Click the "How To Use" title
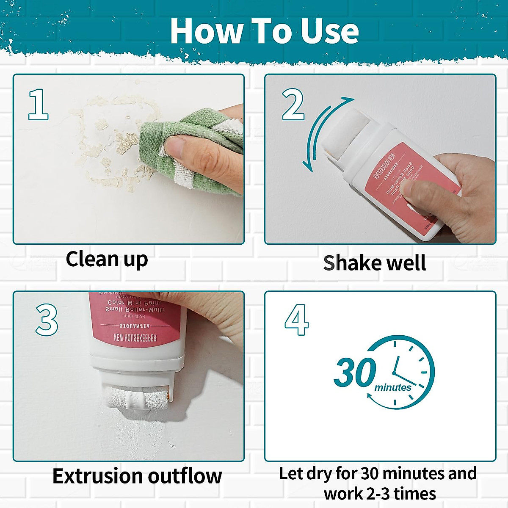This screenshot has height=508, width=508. pyautogui.click(x=264, y=31)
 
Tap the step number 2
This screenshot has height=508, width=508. pyautogui.click(x=293, y=105)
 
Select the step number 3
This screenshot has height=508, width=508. pyautogui.click(x=47, y=320)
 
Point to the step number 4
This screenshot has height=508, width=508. pyautogui.click(x=296, y=320)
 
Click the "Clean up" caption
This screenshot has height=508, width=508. pyautogui.click(x=107, y=259)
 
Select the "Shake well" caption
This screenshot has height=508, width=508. pyautogui.click(x=374, y=263)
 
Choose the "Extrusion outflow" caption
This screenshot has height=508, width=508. pyautogui.click(x=137, y=476)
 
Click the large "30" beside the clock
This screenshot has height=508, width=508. pyautogui.click(x=355, y=373)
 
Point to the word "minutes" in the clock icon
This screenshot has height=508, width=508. pyautogui.click(x=392, y=387)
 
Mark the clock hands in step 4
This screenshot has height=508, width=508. pyautogui.click(x=400, y=373)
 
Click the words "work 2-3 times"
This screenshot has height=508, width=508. pyautogui.click(x=380, y=494)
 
